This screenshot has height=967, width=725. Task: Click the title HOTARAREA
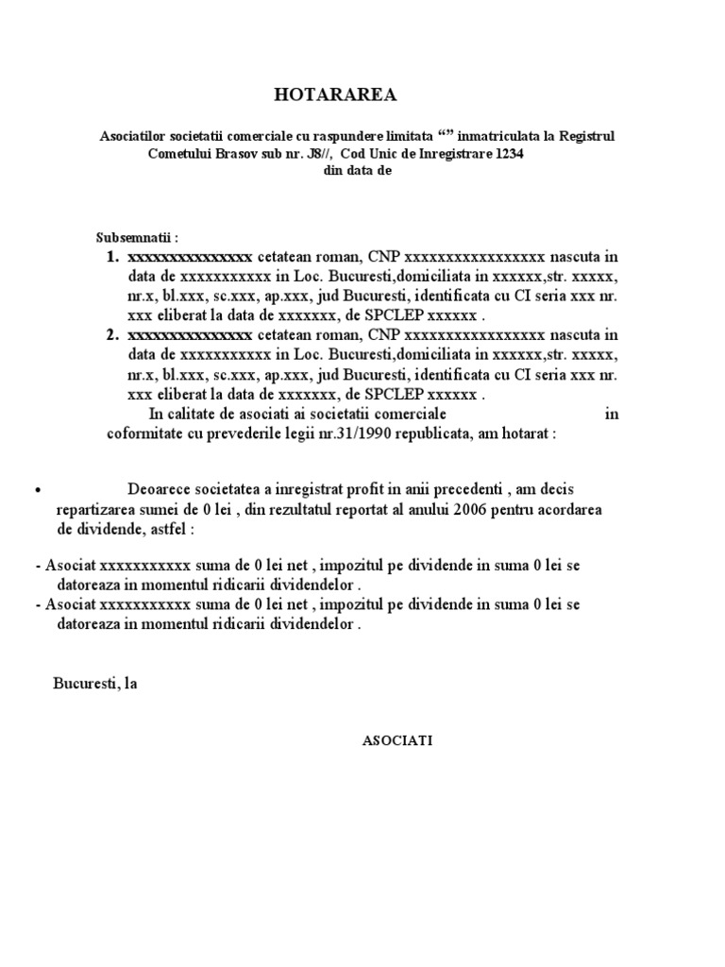click(335, 95)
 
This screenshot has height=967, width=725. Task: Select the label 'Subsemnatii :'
click(136, 236)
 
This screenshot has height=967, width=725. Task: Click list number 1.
click(111, 257)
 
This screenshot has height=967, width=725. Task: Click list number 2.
click(111, 334)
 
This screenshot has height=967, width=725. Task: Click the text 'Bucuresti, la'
click(95, 684)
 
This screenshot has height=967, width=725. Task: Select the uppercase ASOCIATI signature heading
click(396, 741)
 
